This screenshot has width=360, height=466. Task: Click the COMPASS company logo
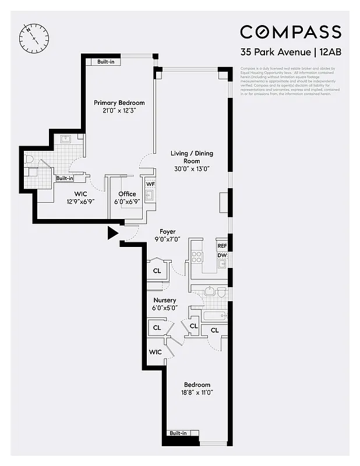pos(291,31)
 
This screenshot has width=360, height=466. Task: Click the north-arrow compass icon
pos(34,36)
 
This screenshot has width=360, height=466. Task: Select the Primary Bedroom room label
pos(119,103)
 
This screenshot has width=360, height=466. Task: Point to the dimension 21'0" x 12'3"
pos(119,111)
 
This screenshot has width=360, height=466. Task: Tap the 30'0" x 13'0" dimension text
pos(192,169)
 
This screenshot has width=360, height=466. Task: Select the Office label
pos(127,194)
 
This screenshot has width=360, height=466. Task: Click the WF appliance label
pos(150,184)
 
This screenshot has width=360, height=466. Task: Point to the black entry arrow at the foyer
pos(112,234)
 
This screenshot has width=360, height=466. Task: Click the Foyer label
pos(167,232)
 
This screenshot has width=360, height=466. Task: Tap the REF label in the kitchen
pos(222,246)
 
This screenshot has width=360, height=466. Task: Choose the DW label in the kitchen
pos(222,255)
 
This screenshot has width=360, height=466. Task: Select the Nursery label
pos(165,301)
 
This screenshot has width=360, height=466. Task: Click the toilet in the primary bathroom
pos(29,159)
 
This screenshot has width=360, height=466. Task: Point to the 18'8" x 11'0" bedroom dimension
pos(197,393)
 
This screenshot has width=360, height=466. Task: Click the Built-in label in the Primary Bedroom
pos(105,62)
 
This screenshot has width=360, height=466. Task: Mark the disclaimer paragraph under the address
pos(291,81)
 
